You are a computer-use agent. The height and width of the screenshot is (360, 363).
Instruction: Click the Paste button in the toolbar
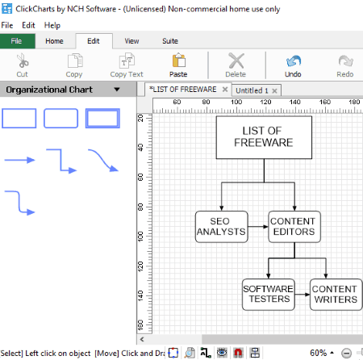(178, 65)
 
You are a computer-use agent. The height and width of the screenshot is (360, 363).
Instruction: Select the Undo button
(293, 65)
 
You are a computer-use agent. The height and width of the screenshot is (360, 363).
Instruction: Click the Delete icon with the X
(236, 65)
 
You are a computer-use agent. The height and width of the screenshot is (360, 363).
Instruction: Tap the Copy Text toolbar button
(127, 65)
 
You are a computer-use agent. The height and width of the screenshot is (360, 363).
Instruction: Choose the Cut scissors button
(23, 65)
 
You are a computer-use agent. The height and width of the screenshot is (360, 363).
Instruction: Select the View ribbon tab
(131, 41)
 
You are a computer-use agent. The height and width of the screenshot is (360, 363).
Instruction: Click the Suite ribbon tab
(170, 41)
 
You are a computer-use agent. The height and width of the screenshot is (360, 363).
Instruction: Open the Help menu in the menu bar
(52, 25)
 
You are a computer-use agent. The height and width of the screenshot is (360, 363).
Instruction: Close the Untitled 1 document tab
(274, 90)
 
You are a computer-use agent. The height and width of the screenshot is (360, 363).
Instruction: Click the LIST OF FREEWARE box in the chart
(264, 137)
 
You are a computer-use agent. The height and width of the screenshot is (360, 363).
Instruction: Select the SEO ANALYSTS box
(222, 227)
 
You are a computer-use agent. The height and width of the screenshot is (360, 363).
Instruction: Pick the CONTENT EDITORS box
(294, 227)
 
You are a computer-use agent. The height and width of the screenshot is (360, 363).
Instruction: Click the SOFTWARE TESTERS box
(269, 295)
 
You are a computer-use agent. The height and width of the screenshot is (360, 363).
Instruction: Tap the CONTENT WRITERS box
(336, 295)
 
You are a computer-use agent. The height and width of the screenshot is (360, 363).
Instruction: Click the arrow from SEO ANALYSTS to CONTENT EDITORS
(258, 227)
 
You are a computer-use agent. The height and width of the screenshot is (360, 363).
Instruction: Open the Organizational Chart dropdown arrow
(117, 90)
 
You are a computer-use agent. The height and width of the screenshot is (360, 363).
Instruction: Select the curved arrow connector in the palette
(103, 161)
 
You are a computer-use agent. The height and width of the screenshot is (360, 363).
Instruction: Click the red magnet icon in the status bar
(238, 353)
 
